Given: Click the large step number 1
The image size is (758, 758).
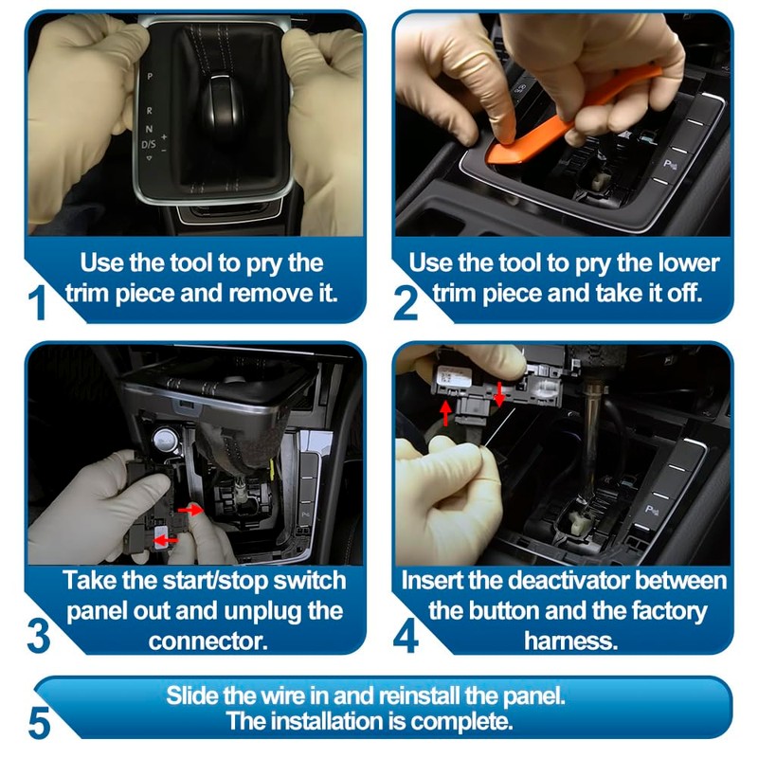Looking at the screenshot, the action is click(38, 302).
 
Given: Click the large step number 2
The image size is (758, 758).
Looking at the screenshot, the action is click(406, 302).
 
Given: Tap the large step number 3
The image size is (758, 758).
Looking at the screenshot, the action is click(39, 635).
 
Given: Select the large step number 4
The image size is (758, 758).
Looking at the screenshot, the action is click(406, 635).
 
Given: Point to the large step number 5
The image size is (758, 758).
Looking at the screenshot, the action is click(39, 722).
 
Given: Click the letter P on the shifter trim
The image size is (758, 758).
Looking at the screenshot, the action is click(150, 77).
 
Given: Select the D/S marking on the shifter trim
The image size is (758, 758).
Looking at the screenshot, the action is click(149, 144).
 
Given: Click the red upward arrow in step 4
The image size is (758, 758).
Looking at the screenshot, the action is click(445, 413).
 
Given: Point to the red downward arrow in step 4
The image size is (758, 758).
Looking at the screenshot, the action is click(499, 393).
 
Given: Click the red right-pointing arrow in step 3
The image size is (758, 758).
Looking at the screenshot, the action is click(190, 509).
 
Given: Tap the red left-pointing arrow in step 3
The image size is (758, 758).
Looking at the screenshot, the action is click(166, 539).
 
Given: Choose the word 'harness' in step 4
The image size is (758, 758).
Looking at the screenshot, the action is click(570, 641).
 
